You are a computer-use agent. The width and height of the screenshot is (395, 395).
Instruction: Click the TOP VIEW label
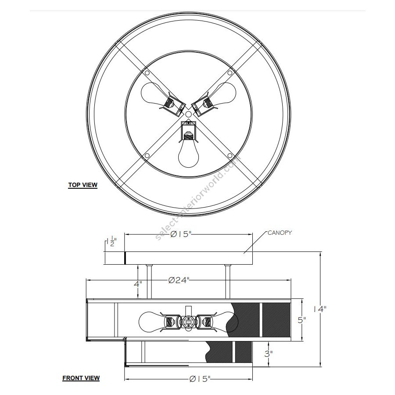[83, 185]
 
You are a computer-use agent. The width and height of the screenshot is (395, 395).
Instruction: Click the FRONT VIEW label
[81, 378]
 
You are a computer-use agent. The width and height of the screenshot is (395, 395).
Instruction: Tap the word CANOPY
[280, 233]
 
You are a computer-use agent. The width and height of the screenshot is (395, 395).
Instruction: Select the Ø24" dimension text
[179, 280]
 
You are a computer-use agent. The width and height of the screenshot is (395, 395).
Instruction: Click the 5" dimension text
[302, 320]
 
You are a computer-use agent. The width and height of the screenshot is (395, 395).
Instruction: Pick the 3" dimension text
[268, 354]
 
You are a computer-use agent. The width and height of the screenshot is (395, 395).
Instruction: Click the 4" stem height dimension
[137, 284]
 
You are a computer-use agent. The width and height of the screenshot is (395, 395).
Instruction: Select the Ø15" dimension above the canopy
[181, 234]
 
